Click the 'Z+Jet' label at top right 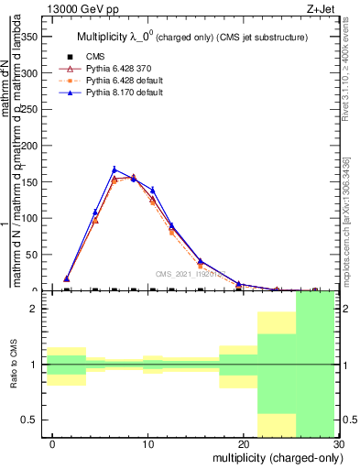coord(323,8)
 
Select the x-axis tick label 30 coord(338,442)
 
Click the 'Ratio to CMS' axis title coord(14,364)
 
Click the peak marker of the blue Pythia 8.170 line coord(115,169)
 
